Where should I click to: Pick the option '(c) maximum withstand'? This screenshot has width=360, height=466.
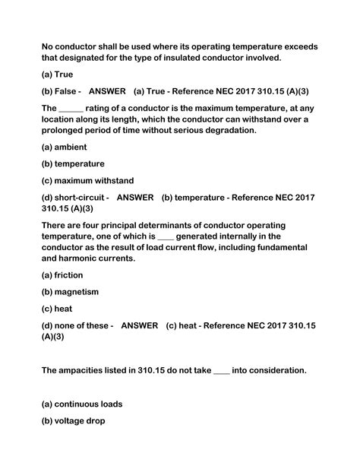[87, 180]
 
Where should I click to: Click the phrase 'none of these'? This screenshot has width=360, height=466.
[84, 325]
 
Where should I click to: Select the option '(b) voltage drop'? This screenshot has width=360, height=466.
[78, 420]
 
